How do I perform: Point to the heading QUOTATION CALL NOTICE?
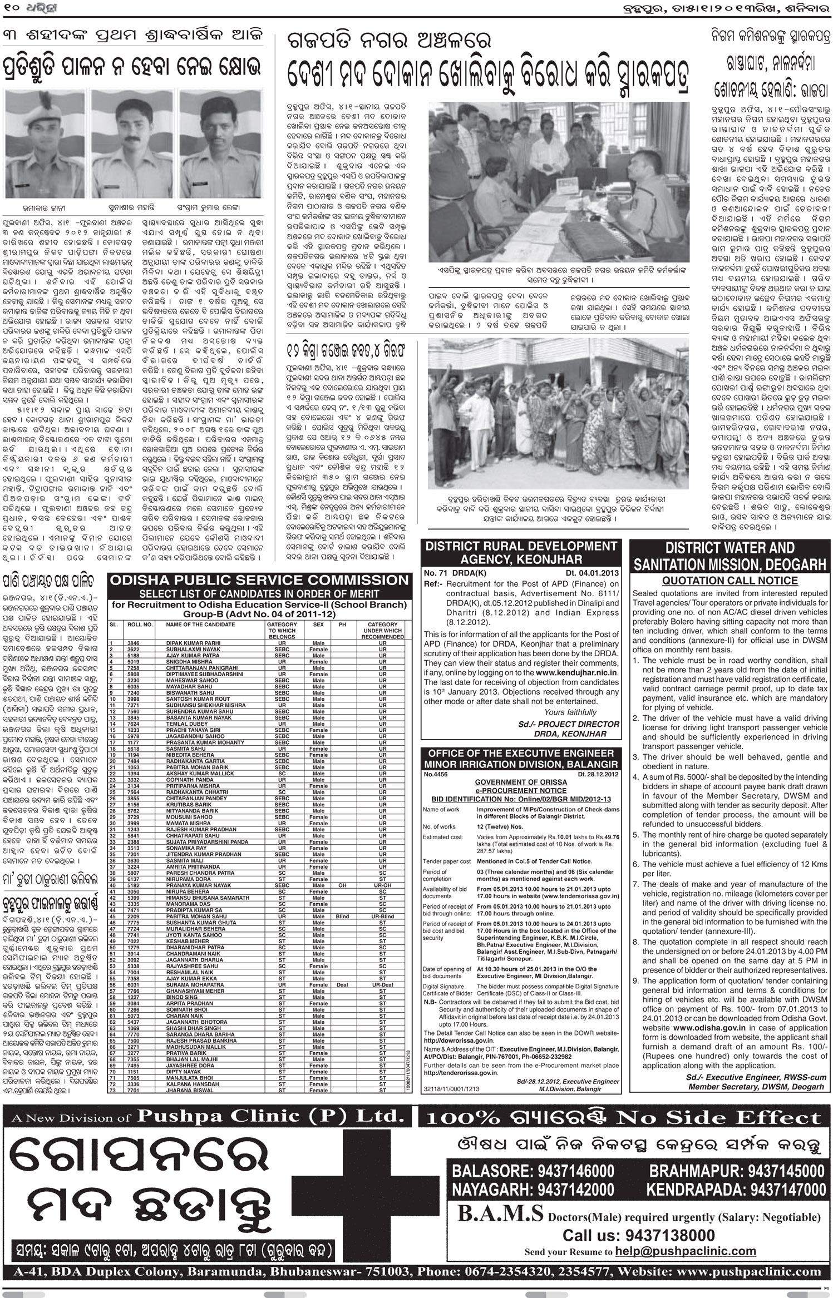point(730,581)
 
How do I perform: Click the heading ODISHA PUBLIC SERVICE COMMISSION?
point(259,581)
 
